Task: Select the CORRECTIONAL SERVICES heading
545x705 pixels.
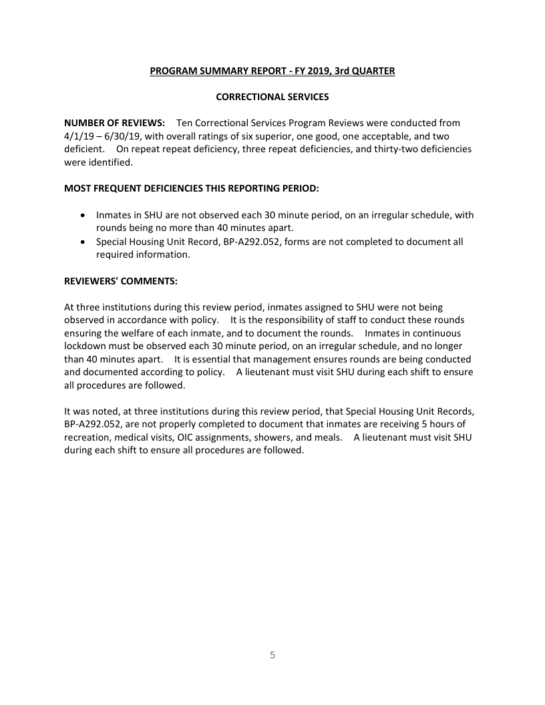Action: click(x=272, y=97)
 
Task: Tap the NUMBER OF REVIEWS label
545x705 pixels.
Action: click(x=114, y=123)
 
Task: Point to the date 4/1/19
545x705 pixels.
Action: click(x=78, y=136)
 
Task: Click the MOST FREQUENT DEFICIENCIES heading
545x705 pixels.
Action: click(x=192, y=188)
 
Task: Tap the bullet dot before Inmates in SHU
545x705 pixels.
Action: click(x=82, y=216)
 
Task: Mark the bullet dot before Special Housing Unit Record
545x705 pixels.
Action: click(x=82, y=242)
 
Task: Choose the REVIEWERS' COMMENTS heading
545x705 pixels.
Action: click(x=121, y=281)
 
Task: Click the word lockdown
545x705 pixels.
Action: click(x=87, y=346)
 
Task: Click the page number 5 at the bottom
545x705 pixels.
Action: click(x=272, y=655)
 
